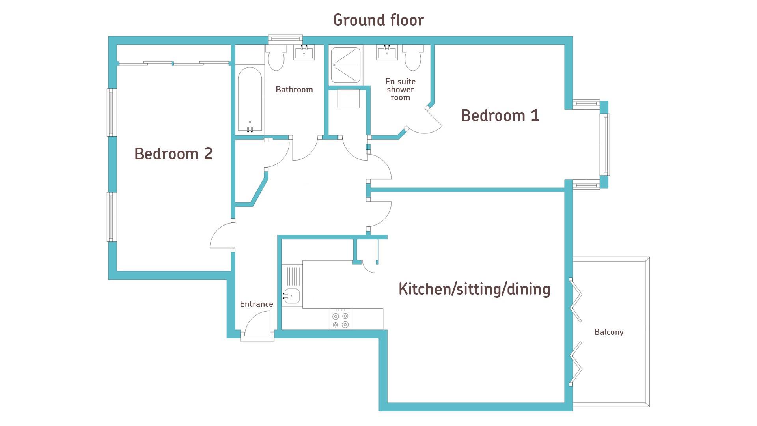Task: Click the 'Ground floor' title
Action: [x=378, y=20]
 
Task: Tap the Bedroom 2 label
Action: [x=173, y=154]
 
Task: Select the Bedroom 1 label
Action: [x=500, y=116]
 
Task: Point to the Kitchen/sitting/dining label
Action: [x=474, y=289]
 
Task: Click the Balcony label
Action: [x=609, y=332]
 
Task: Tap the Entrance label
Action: [x=256, y=304]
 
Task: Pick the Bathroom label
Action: [x=294, y=90]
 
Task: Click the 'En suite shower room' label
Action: [x=400, y=90]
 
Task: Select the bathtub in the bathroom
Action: [x=250, y=100]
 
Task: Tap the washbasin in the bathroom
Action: [x=304, y=53]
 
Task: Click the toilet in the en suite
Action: [x=413, y=58]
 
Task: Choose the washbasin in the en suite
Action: [x=387, y=53]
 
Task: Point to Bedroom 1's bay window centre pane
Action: [x=605, y=144]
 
